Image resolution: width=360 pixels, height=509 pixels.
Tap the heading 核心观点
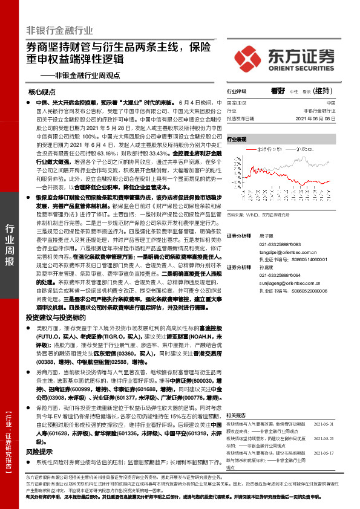point(42,92)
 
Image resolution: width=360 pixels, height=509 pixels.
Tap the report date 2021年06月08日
point(323,118)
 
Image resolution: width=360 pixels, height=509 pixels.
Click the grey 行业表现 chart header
point(237,139)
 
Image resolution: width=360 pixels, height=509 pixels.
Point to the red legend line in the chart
point(249,148)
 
